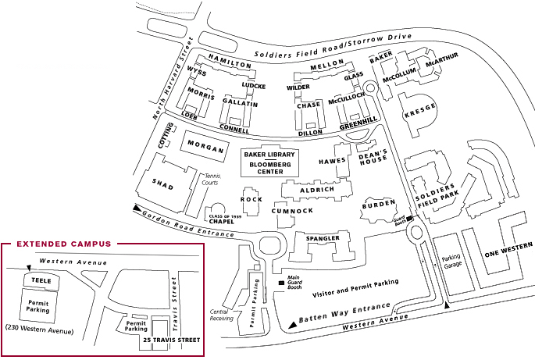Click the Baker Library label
pyautogui.click(x=270, y=155)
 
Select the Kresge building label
pyautogui.click(x=420, y=112)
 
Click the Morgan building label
pyautogui.click(x=205, y=149)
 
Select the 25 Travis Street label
pyautogui.click(x=170, y=340)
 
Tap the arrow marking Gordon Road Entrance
pyautogui.click(x=138, y=209)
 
